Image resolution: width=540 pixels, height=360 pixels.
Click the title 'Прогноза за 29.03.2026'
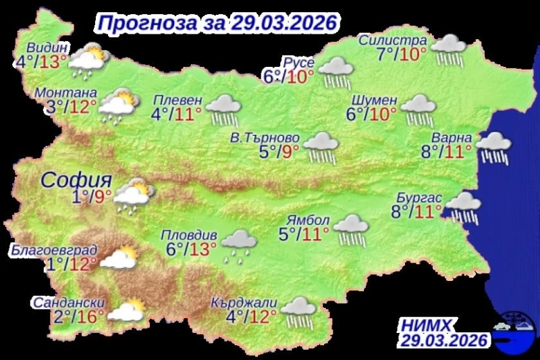216,22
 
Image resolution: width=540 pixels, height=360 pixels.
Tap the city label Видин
47,49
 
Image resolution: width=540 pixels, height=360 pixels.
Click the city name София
75,180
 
